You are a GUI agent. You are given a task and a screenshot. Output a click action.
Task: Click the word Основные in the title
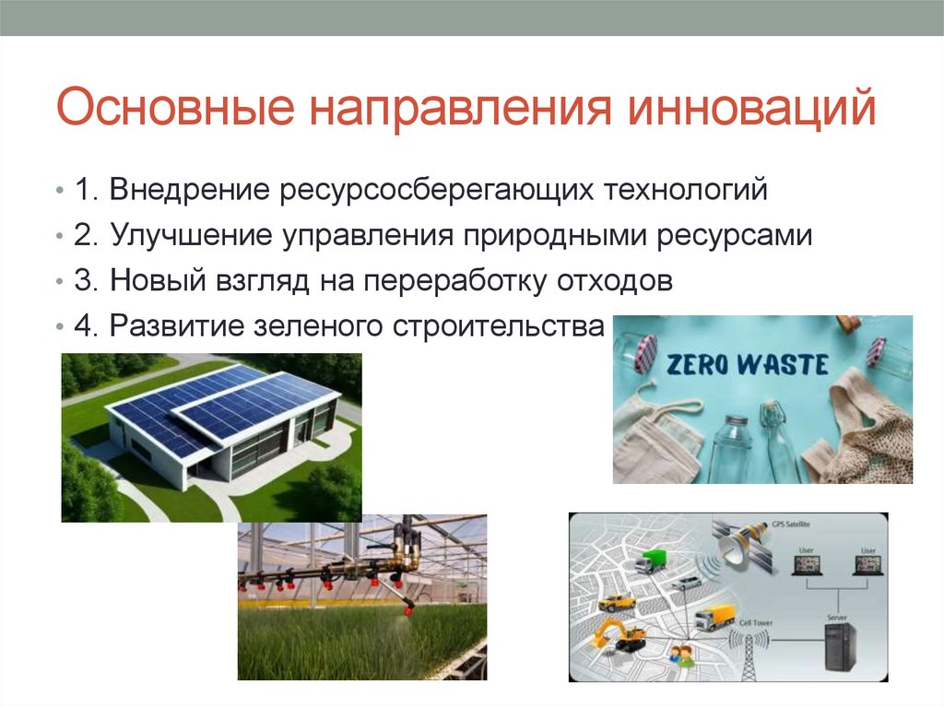point(175,109)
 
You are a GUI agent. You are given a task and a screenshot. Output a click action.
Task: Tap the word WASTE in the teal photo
point(785,363)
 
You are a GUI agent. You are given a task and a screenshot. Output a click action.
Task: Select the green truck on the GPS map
point(651,560)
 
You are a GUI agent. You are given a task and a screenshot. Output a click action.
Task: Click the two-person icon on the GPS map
point(681,654)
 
